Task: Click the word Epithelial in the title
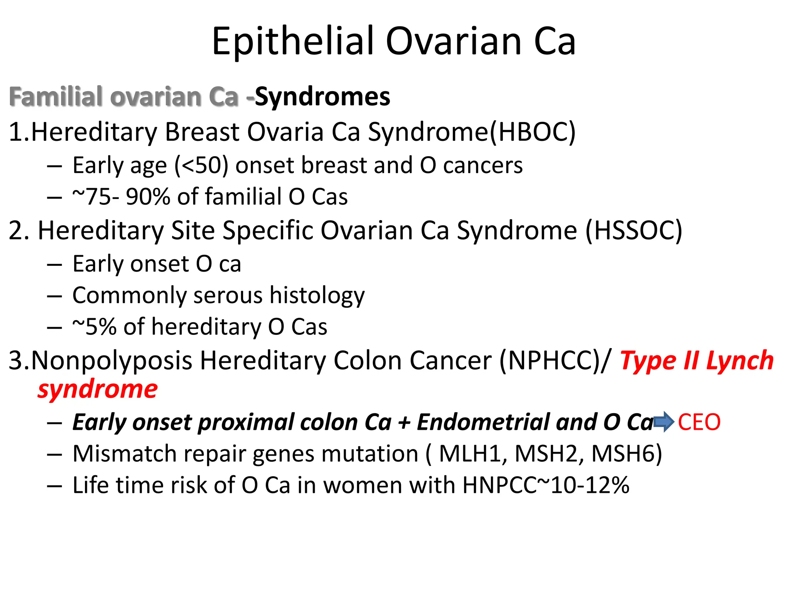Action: pos(293,42)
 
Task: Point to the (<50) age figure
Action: pos(201,165)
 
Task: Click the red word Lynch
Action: pos(740,361)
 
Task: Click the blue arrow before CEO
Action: pos(664,422)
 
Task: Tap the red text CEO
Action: pos(699,422)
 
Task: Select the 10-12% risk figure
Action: pos(590,485)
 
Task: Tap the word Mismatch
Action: pos(124,453)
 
